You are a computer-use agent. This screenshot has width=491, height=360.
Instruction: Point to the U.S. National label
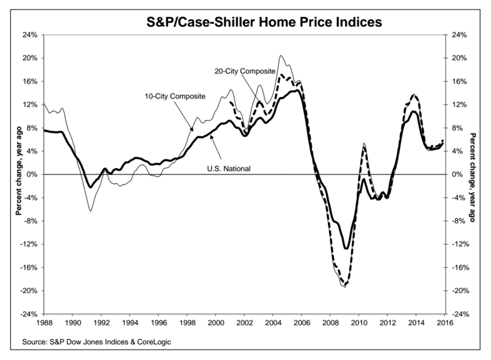pos(230,168)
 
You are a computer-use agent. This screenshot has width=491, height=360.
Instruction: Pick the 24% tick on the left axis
pos(29,35)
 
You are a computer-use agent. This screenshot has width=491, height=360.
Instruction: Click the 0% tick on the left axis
pos(31,174)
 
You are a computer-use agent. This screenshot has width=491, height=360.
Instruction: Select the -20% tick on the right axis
pos(463,291)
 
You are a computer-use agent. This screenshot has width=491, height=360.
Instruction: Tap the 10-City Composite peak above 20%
pos(280,56)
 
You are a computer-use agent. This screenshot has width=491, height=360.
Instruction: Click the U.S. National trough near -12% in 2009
pos(346,248)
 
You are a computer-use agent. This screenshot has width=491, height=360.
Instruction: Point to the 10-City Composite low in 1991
pos(90,211)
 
